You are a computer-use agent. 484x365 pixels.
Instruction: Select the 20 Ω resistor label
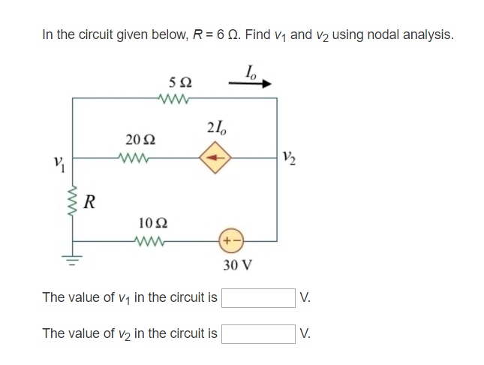[140, 140]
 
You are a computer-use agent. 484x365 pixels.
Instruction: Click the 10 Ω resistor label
[153, 222]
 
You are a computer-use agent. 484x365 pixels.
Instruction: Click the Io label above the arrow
[251, 71]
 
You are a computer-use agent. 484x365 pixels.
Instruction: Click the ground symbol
[74, 261]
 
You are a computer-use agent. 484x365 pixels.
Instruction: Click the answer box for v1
[257, 298]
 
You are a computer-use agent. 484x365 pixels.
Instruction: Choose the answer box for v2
[257, 333]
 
